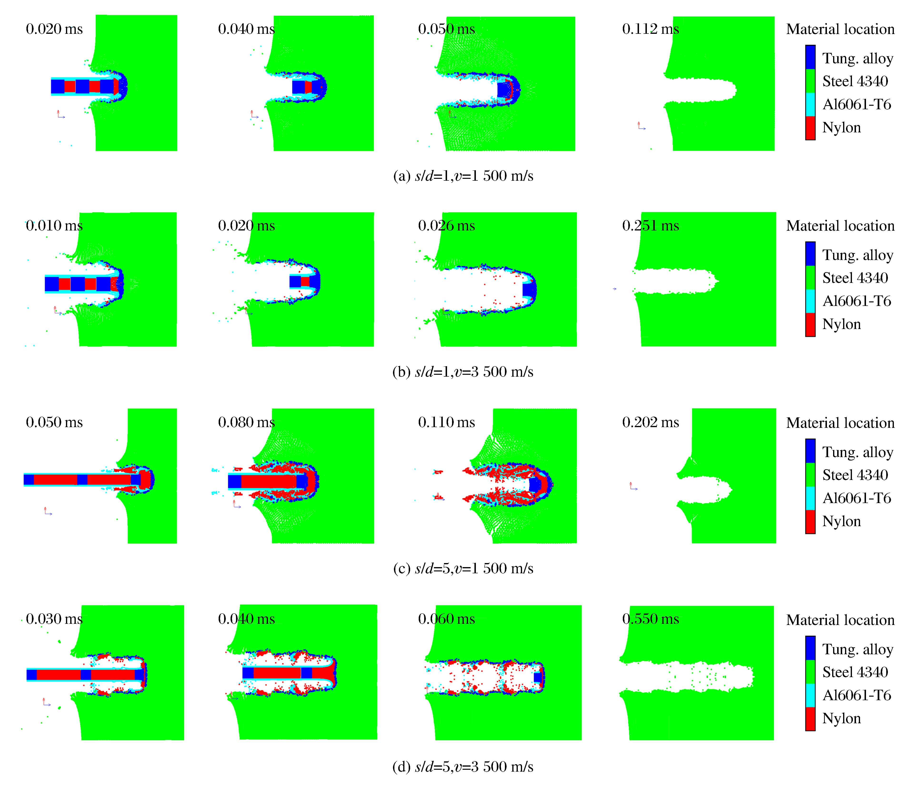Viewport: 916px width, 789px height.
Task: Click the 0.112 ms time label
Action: point(650,29)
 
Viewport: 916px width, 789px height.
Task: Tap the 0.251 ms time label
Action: point(650,226)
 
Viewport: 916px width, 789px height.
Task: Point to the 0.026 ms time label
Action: point(447,226)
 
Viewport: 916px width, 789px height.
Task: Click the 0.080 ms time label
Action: point(246,423)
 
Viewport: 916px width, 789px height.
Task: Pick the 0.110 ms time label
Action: point(447,423)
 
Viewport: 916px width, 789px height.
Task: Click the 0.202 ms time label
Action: point(650,423)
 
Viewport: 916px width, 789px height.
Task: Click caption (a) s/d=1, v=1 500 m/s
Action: point(463,176)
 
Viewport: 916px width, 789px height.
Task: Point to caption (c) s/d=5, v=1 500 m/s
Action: point(463,569)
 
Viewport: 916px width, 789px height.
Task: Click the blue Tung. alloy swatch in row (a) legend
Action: point(810,57)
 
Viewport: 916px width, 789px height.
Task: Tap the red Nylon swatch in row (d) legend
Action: point(810,719)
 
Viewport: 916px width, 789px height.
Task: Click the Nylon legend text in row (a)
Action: point(841,128)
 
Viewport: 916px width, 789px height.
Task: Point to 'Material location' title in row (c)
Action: point(840,423)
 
